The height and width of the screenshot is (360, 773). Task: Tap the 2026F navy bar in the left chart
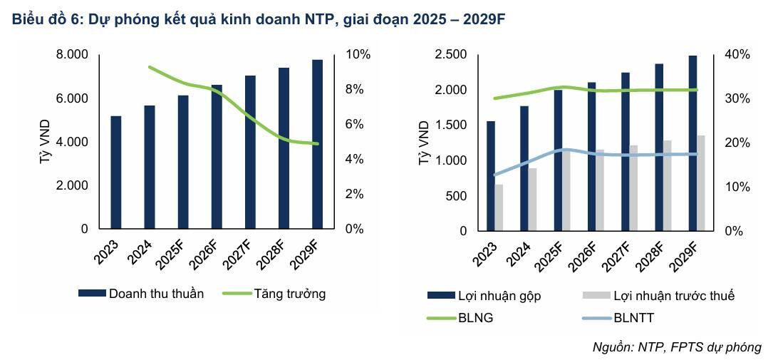click(x=217, y=157)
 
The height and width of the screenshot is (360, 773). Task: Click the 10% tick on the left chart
click(x=358, y=55)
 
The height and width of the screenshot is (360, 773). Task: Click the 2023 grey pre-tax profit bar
click(x=499, y=207)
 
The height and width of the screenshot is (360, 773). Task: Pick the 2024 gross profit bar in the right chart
click(x=524, y=168)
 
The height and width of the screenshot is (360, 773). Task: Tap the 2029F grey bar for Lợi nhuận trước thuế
click(x=701, y=183)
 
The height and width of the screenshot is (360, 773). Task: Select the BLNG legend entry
click(x=475, y=317)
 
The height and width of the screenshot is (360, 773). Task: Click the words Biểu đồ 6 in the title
click(x=44, y=20)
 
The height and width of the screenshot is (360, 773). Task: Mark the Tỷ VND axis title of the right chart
click(x=423, y=143)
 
